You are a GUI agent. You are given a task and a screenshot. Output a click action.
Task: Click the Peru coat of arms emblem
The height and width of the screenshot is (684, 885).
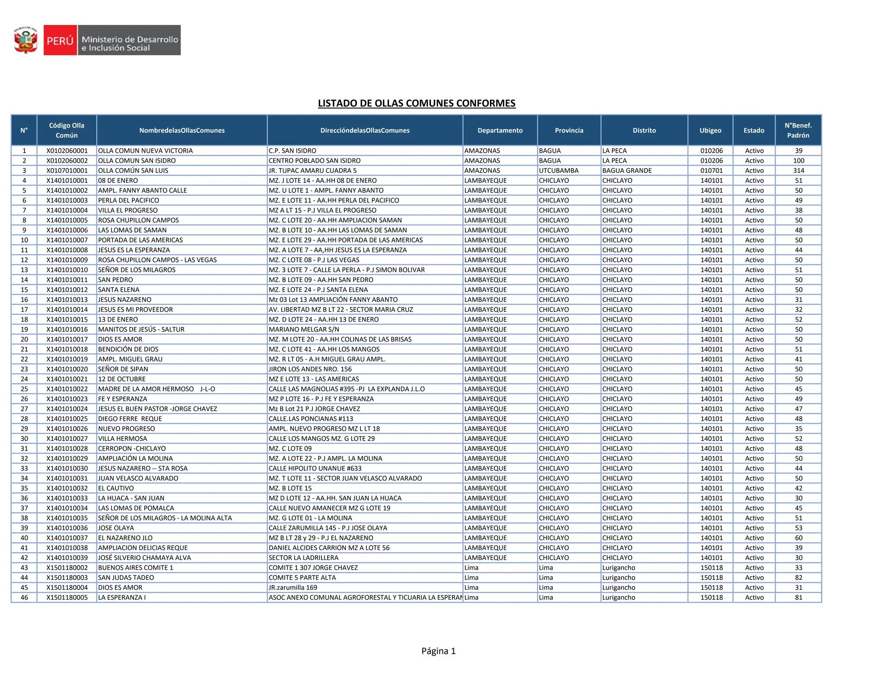(25, 40)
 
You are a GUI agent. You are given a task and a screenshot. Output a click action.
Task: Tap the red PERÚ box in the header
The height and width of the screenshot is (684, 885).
(60, 40)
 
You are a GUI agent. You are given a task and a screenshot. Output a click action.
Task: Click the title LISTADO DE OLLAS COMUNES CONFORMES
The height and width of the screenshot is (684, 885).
(417, 103)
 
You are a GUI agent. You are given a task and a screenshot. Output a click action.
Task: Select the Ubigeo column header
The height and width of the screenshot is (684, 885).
(710, 130)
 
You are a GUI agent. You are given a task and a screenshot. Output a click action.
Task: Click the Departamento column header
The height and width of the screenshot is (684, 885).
(500, 130)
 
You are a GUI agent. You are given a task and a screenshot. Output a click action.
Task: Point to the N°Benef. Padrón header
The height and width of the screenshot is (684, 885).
(798, 130)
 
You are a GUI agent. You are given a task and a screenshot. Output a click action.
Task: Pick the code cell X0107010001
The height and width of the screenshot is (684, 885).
(67, 170)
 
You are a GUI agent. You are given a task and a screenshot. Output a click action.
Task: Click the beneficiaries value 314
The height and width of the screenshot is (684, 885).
(799, 170)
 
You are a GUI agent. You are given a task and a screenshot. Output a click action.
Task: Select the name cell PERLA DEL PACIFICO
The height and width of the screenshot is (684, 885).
(128, 200)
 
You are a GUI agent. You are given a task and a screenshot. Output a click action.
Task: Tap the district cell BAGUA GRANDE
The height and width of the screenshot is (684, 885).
(627, 170)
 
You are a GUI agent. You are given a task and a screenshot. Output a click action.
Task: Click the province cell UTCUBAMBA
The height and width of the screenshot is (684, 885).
(558, 170)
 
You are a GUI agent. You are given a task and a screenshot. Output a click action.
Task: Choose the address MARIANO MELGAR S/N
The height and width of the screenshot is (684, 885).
(304, 329)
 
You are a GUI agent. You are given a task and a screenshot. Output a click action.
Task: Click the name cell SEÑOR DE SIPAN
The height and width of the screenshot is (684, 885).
(123, 369)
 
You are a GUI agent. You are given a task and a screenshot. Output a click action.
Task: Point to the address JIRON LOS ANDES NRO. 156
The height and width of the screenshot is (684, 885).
(310, 369)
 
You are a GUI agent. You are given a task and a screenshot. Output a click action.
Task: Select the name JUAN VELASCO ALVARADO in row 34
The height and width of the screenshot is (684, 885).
(138, 478)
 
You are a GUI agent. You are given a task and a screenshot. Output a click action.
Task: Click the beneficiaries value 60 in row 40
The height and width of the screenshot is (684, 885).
(799, 538)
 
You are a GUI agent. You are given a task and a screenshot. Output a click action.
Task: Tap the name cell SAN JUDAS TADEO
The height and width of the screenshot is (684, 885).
(126, 578)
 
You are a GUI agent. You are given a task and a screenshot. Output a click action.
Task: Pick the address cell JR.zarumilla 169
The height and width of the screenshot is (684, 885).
(293, 588)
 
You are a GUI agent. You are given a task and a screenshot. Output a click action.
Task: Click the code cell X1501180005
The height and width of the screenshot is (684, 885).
(67, 598)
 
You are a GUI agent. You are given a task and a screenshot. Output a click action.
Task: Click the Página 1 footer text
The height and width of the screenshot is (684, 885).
(438, 651)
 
